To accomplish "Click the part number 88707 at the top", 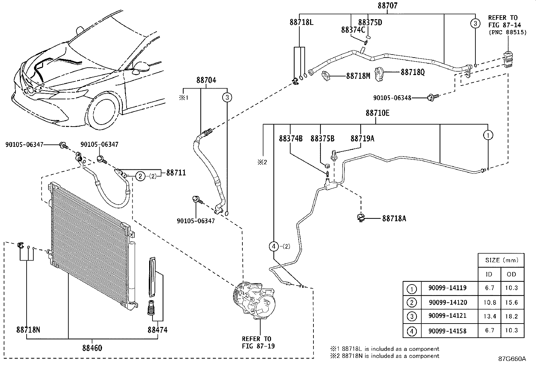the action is coord(388,5).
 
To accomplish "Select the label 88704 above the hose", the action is coord(206,80).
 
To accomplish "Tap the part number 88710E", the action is coord(377,113).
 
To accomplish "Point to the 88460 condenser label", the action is coord(92,348).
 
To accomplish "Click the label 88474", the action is coord(158,330).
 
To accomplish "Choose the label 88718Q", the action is coord(413,72).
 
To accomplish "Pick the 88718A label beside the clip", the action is coord(394,218).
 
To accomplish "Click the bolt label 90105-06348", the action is coord(392,98).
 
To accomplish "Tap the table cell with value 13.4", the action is coord(490,316).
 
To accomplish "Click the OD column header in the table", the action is coord(511,274).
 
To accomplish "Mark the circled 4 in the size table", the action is coord(411,331).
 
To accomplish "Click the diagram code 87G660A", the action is coord(512,359).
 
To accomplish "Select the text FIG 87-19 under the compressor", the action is coord(258,346).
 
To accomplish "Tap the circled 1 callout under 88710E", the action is coord(488,135).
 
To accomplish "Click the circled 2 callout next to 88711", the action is coord(140,176).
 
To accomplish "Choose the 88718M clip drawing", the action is coord(326,76).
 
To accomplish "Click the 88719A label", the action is coord(362,139).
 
